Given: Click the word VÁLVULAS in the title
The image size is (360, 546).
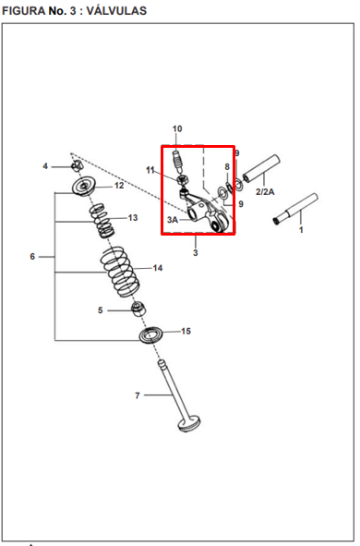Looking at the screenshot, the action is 116,11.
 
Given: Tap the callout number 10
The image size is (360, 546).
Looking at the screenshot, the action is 177,128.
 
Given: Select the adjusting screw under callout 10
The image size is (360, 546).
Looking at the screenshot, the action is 178,161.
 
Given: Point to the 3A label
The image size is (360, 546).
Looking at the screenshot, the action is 173,220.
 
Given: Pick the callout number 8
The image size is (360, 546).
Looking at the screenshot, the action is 227,167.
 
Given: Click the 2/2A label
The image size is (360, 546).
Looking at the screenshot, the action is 265,192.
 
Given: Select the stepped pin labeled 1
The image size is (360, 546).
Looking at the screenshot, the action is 295,209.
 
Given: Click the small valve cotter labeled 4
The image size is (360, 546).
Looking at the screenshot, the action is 77,166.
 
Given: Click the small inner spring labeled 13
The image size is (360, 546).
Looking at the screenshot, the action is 101,221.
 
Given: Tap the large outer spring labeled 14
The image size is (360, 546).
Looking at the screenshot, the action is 120,272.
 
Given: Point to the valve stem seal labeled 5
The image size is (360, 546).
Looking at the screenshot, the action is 138,309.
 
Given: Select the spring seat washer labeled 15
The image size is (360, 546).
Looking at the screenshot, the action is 151,335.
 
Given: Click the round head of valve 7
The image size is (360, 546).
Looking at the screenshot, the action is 189,423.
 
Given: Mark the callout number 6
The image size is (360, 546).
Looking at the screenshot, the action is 32,257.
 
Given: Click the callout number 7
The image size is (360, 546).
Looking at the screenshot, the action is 138,395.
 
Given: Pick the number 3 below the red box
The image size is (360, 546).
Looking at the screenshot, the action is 196,252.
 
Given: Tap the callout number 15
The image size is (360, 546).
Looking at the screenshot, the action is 186,331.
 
